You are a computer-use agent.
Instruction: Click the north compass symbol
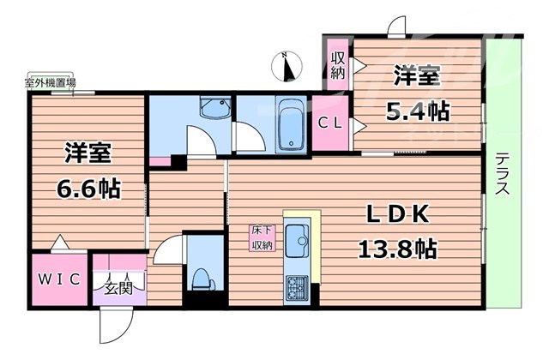pos(287,66)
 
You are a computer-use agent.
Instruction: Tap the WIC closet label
pos(59,279)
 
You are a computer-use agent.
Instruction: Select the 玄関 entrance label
pos(118,289)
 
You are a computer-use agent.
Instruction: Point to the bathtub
pos(291,125)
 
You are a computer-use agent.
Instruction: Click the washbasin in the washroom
pos(215,108)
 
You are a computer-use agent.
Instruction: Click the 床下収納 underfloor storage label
pos(262,238)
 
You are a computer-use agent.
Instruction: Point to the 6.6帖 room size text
pos(88,189)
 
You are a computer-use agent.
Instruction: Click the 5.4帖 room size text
pos(418,112)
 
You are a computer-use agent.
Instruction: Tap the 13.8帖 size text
pos(397,249)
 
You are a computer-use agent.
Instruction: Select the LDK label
pos(398,214)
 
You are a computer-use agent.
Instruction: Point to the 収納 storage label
pos(338,65)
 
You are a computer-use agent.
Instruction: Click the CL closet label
pos(329,123)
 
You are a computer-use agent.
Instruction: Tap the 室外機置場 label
pos(50,83)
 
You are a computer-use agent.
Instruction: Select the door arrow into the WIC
pos(60,242)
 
